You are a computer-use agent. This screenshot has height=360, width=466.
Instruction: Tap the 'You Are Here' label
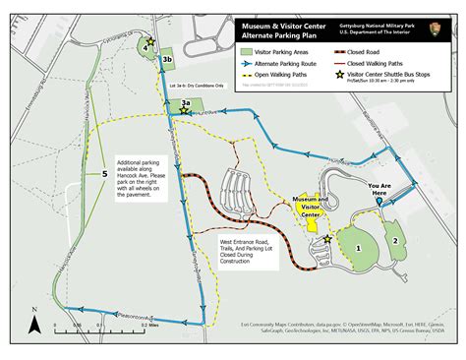(x=379, y=189)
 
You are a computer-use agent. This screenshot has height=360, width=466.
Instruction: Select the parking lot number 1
(x=360, y=248)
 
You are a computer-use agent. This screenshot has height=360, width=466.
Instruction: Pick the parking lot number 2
(x=395, y=239)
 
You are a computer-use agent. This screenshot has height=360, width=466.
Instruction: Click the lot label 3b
(x=168, y=59)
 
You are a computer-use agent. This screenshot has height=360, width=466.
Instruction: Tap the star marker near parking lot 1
(x=327, y=237)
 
